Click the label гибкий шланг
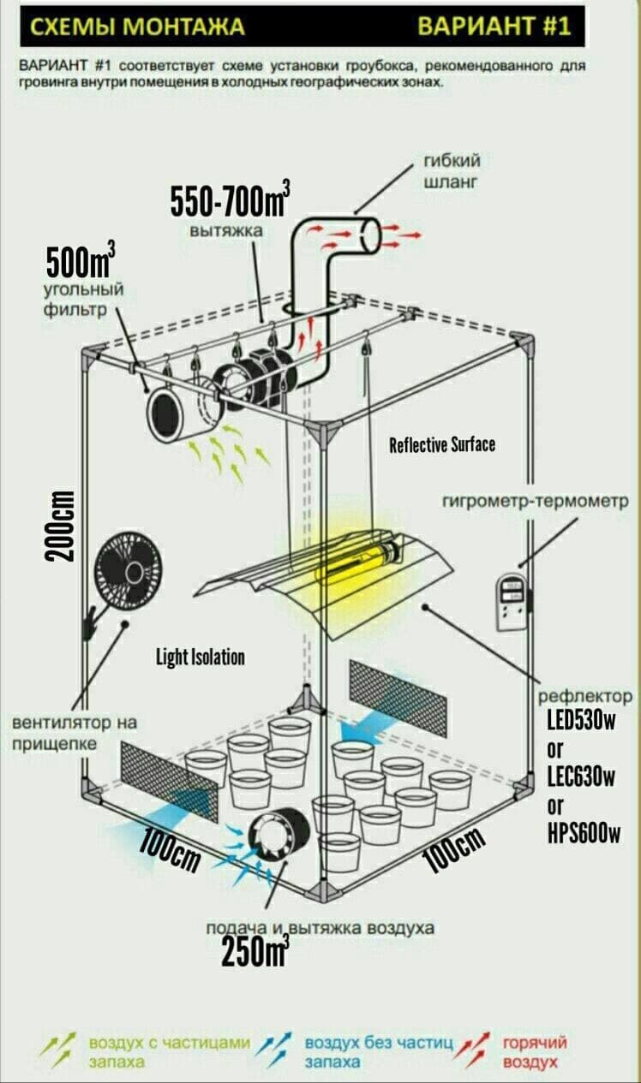click(x=452, y=171)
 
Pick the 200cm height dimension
click(x=62, y=527)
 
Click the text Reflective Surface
click(x=441, y=445)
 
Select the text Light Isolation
click(x=200, y=657)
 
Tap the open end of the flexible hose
click(x=369, y=234)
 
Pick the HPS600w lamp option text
click(x=584, y=833)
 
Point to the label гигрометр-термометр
click(x=536, y=500)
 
